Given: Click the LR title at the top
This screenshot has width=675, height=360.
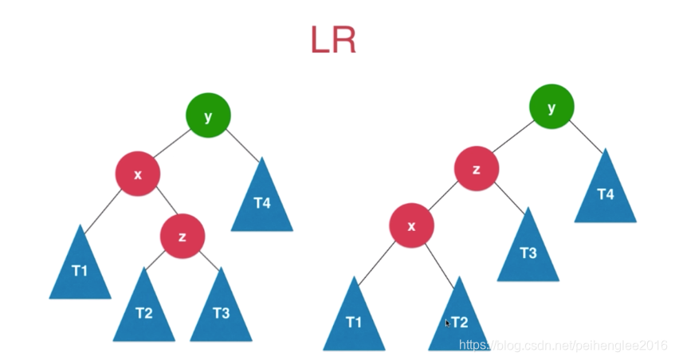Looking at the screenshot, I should coord(333,41).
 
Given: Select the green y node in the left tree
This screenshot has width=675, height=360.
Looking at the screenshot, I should coord(208,115).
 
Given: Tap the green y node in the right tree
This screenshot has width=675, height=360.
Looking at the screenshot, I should coord(551,106).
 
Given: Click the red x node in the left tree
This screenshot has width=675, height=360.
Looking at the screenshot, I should coord(138,174).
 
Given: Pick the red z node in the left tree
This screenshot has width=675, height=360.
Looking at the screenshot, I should coord(182,236).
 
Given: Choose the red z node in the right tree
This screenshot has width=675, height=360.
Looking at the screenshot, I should coord(477,170).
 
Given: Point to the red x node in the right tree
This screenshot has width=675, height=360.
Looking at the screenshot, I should coord(411,225).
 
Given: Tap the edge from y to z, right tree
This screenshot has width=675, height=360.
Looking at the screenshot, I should coord(514,138).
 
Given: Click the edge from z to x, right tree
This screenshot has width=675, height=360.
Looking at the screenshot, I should coord(444,198).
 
